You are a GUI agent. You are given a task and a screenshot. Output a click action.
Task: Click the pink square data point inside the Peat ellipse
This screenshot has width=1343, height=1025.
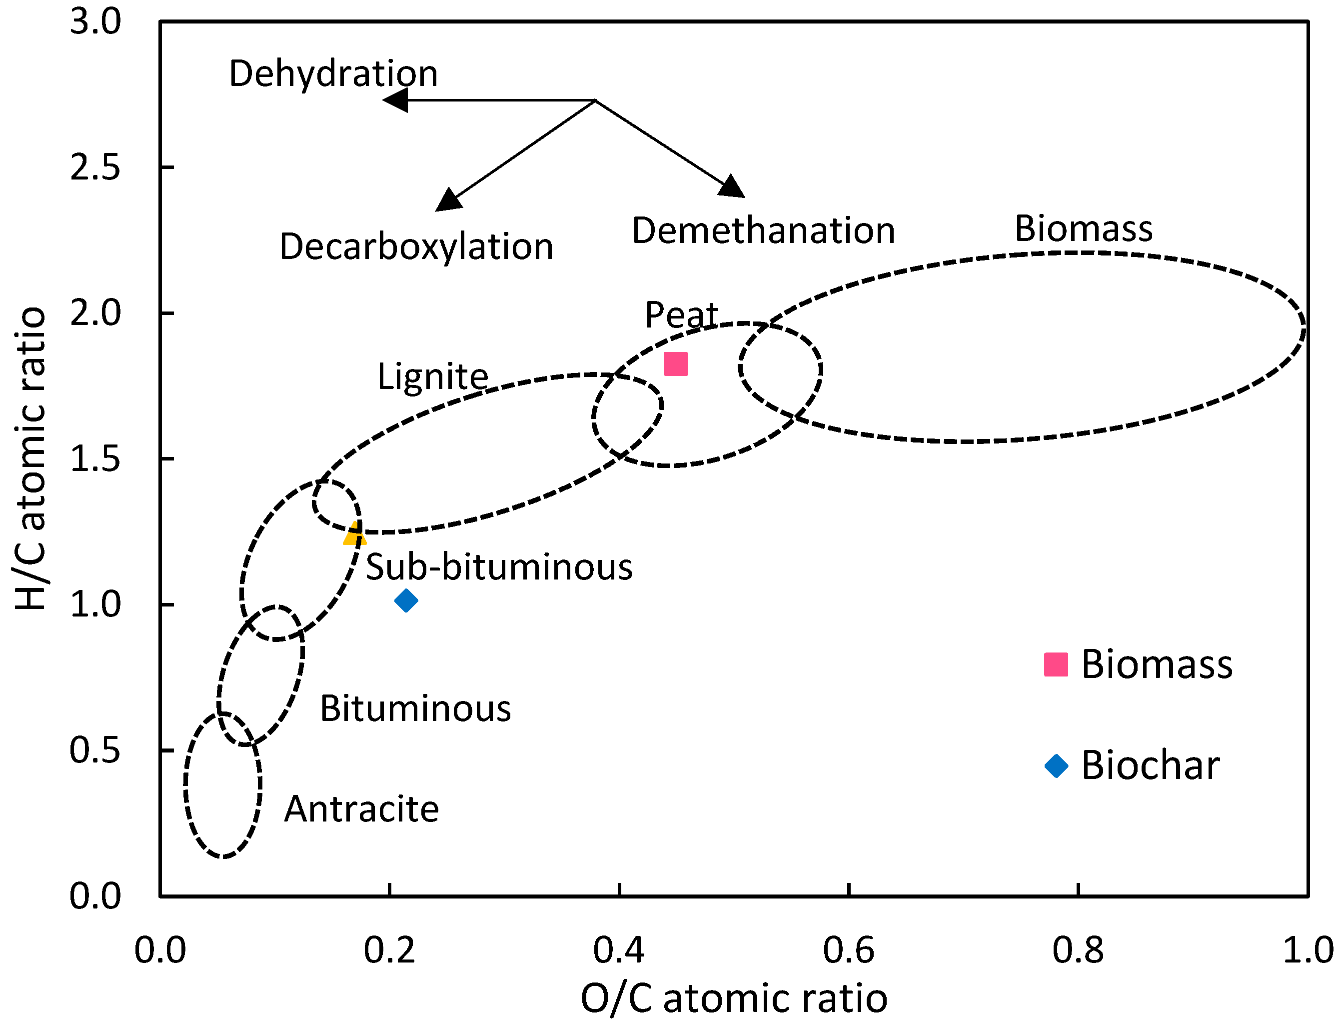point(675,364)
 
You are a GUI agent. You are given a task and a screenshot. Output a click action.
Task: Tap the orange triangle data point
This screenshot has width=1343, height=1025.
point(354,535)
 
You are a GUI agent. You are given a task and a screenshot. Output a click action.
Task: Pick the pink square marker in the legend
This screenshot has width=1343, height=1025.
point(1056,664)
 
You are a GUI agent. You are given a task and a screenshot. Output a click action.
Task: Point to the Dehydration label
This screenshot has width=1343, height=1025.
point(333,74)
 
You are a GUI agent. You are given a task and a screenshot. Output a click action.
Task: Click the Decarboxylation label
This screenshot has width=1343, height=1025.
point(416,247)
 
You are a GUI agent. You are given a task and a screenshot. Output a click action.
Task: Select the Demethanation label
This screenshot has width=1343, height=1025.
point(763,231)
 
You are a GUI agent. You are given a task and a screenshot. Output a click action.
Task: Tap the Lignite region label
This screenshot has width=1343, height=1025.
point(432,376)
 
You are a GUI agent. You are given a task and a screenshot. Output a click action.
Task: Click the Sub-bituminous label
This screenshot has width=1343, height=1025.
point(499,567)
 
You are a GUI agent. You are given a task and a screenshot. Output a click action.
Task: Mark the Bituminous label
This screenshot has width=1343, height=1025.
point(415,709)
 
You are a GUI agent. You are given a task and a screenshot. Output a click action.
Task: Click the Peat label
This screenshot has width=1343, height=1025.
point(681,315)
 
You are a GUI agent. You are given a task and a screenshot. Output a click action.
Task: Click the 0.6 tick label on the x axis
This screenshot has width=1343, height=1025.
point(848,950)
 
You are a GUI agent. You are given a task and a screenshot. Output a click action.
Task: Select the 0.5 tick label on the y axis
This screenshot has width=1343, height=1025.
point(95,750)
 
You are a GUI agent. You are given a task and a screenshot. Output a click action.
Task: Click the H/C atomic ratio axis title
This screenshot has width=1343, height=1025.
point(30,459)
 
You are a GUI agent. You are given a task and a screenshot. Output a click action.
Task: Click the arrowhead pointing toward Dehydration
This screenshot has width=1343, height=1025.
point(396,100)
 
